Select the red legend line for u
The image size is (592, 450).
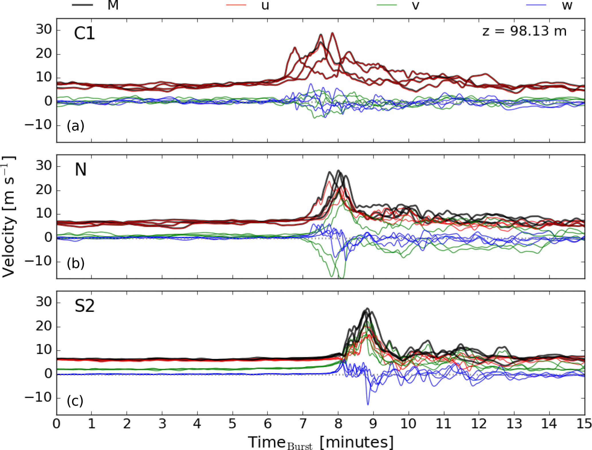tap(237, 5)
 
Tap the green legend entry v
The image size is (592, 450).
tap(387, 5)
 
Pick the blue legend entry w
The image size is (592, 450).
tap(536, 5)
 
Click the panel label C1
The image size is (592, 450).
tap(84, 33)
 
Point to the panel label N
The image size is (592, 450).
tap(80, 169)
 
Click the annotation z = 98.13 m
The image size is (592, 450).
tap(524, 31)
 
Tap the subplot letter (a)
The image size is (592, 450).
tap(75, 126)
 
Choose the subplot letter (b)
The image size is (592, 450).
tap(75, 263)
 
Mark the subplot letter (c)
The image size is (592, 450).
tap(75, 400)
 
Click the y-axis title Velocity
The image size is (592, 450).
tap(9, 217)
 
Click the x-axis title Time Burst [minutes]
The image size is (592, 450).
tap(320, 442)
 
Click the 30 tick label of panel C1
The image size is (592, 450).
tap(44, 29)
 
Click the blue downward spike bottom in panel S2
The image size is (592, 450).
tap(368, 404)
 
